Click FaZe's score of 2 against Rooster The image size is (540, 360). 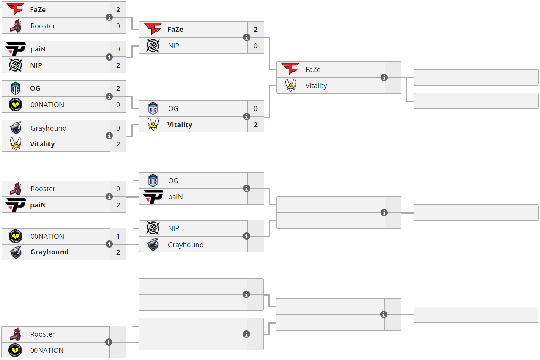click(x=118, y=10)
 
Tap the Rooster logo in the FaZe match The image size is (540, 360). click(x=16, y=26)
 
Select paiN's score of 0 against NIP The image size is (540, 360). click(x=118, y=49)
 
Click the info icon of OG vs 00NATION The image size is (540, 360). click(x=109, y=97)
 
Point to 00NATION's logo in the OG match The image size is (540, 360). click(x=16, y=104)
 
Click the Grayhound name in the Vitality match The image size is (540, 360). click(x=48, y=128)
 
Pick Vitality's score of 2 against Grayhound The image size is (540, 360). click(x=118, y=144)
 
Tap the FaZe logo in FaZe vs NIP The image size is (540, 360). click(x=153, y=29)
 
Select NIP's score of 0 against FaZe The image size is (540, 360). click(x=256, y=46)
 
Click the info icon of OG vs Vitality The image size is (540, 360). click(x=247, y=117)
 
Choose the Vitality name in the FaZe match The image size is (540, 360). click(x=316, y=86)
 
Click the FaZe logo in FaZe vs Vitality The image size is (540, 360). click(x=290, y=69)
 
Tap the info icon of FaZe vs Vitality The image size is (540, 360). click(x=384, y=78)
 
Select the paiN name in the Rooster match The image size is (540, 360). click(x=38, y=205)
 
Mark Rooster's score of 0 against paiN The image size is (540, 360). click(x=118, y=189)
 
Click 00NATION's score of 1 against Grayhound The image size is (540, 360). click(x=118, y=237)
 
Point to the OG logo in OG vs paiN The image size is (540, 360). click(x=153, y=181)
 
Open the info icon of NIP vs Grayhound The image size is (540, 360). click(x=247, y=236)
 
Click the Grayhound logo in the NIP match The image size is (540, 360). click(x=153, y=245)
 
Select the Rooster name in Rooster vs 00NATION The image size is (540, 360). click(x=43, y=334)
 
